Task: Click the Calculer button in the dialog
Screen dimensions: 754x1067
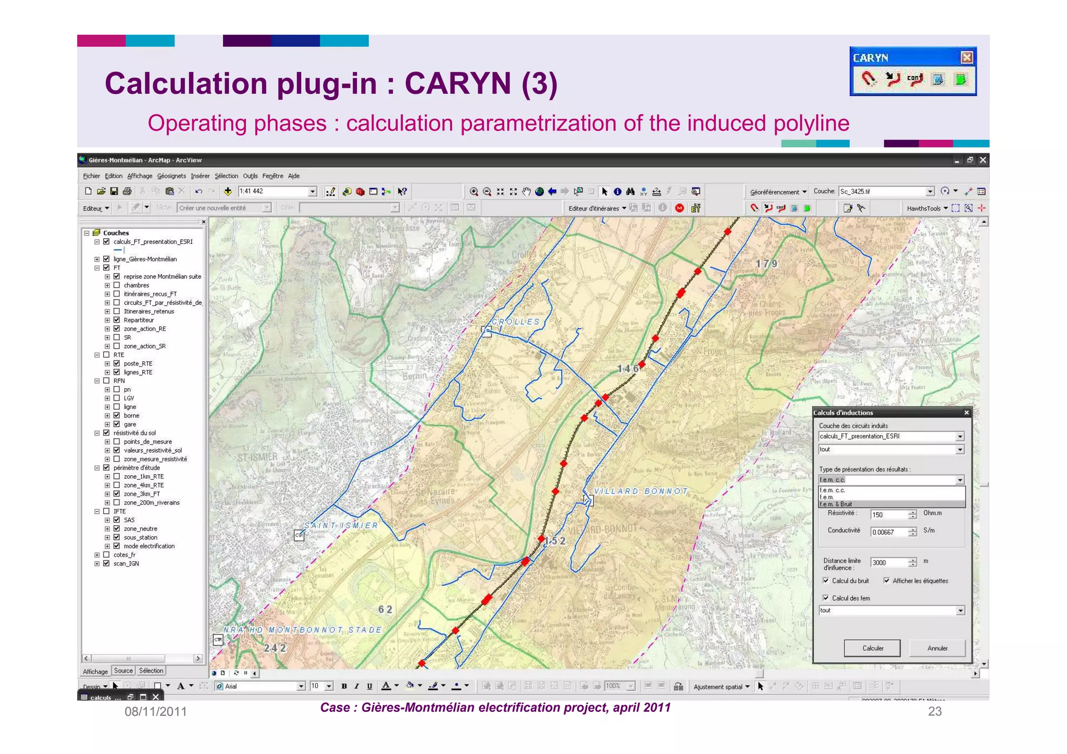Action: (872, 648)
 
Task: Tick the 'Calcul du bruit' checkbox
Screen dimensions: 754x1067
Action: (826, 580)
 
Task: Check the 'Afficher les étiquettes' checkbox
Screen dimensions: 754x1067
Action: (887, 580)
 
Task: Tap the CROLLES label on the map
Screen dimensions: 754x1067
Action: (516, 322)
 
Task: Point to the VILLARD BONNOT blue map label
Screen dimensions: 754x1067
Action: (641, 491)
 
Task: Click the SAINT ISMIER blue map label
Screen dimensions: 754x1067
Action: (341, 525)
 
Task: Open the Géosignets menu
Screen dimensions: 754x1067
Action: (171, 176)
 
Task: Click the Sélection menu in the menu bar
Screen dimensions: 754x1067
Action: (226, 176)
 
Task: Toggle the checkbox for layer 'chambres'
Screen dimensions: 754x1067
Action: (117, 285)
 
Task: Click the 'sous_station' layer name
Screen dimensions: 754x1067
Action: (140, 537)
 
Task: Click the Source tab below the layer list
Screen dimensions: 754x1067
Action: (123, 671)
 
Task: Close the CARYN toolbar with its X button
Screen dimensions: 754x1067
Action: (966, 57)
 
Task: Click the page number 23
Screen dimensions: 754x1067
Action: (935, 711)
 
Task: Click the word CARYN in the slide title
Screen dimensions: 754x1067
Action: (458, 83)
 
